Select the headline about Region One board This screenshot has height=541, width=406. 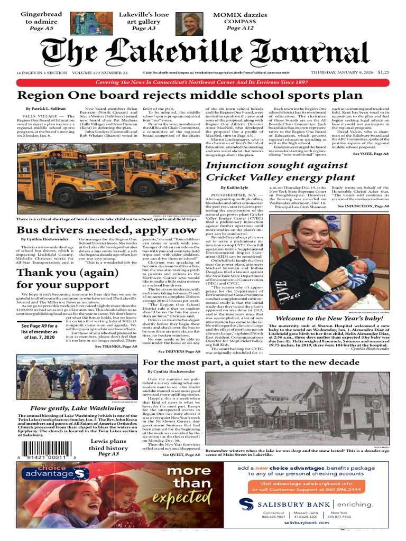190,96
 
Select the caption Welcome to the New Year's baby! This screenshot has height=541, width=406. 328,319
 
